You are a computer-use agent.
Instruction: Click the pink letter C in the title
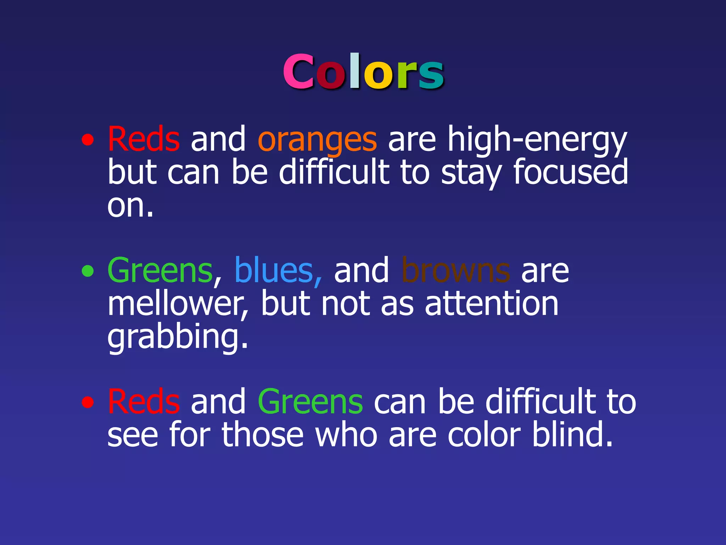click(x=298, y=72)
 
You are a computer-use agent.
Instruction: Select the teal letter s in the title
click(x=431, y=75)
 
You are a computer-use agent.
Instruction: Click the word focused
click(x=570, y=172)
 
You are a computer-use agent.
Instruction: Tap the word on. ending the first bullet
click(x=130, y=206)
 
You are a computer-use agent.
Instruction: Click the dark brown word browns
click(x=456, y=271)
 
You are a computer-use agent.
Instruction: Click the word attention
click(x=491, y=304)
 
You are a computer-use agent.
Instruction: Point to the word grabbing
click(x=177, y=337)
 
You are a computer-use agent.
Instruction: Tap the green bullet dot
click(x=88, y=272)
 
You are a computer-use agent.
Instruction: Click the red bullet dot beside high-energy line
click(x=88, y=141)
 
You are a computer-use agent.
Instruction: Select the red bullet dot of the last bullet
click(x=88, y=402)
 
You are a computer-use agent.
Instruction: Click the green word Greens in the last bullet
click(x=310, y=402)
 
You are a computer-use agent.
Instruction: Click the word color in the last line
click(x=484, y=435)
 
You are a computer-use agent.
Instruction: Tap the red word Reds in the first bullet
click(x=144, y=139)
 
